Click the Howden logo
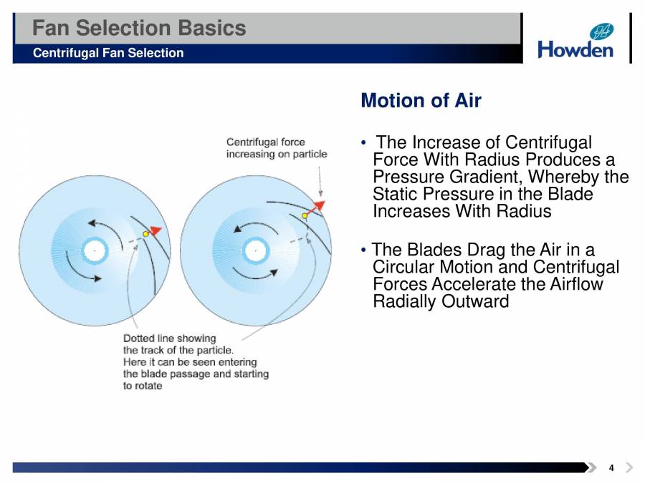coord(575,42)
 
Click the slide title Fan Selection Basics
coord(140,28)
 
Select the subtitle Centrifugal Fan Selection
coord(108,53)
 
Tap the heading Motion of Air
coord(421,100)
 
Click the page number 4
coord(611,468)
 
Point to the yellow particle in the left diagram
coord(146,233)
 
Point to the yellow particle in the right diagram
coord(305,215)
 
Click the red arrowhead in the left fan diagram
coord(156,230)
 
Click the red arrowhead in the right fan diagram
coord(317,206)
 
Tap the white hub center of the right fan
coord(254,250)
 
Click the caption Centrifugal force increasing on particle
coord(276,148)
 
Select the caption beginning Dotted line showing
coord(195,361)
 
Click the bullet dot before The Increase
coord(365,143)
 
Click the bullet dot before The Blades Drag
coord(365,250)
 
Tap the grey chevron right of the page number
coord(629,468)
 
